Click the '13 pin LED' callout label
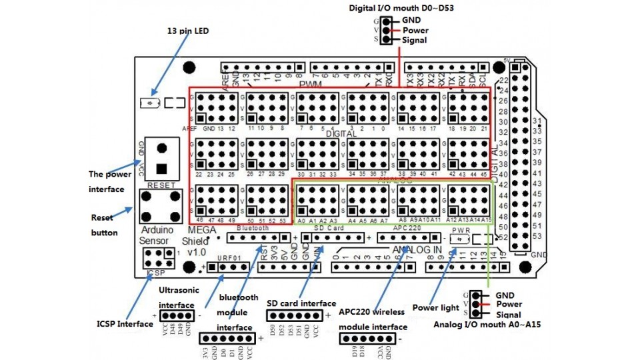[x=187, y=31]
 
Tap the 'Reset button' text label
[x=104, y=225]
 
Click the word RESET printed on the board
[x=160, y=185]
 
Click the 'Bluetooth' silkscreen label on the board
[x=253, y=228]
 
